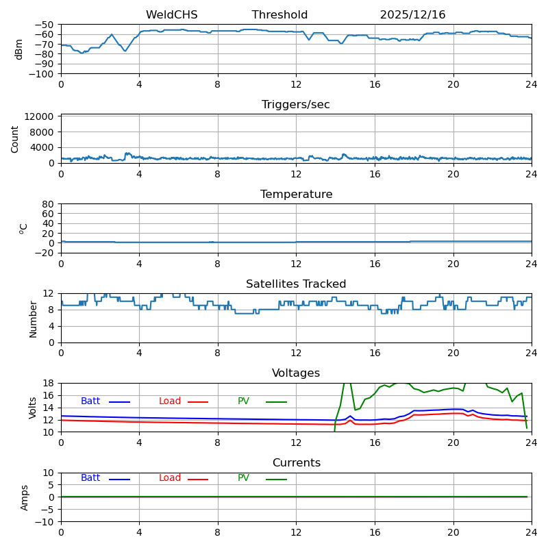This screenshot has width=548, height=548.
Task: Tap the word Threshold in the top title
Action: (x=279, y=15)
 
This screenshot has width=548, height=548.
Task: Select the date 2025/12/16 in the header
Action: (x=412, y=15)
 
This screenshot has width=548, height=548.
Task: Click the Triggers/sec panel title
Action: (x=296, y=105)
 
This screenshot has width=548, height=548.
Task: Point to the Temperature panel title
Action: (x=296, y=195)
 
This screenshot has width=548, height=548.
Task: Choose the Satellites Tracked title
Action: (x=296, y=284)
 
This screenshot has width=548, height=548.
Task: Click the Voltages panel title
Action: (x=296, y=373)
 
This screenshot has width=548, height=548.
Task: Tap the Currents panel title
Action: (x=296, y=463)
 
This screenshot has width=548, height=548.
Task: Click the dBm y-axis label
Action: (x=19, y=49)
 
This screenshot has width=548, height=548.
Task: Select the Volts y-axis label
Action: (x=33, y=408)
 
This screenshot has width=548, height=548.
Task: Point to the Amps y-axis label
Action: (x=25, y=497)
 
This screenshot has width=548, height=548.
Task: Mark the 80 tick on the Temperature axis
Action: (x=49, y=204)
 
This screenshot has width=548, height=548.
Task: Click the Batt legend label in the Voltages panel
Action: (x=90, y=401)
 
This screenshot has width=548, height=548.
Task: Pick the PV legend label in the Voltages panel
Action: (x=244, y=401)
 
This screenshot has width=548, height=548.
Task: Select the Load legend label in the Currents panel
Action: (x=170, y=478)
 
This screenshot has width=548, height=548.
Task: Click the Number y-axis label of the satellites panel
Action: (x=33, y=319)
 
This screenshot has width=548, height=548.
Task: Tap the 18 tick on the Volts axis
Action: (x=49, y=383)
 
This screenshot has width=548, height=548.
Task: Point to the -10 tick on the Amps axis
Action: (x=45, y=522)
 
